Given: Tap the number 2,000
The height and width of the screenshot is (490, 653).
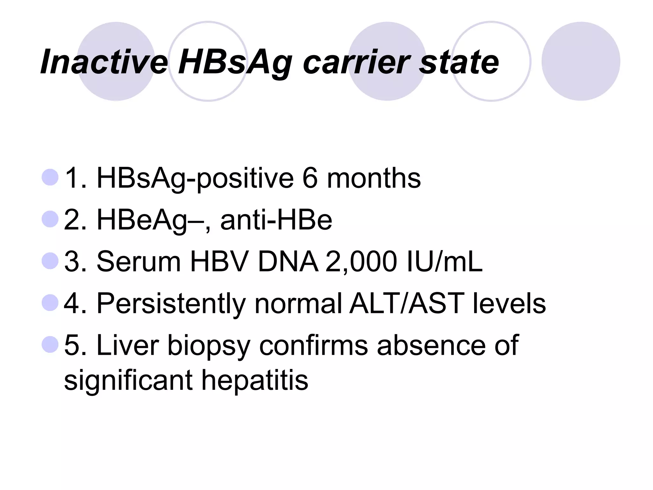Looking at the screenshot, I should [x=361, y=262].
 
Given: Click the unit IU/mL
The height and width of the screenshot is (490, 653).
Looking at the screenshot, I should [x=445, y=262].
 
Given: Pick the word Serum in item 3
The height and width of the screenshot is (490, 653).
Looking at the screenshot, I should [x=138, y=262].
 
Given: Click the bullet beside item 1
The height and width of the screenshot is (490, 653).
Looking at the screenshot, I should [x=50, y=177].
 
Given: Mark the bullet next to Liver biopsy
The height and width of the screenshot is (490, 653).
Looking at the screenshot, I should [x=50, y=344].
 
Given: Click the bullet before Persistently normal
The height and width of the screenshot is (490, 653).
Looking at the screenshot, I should [x=50, y=302].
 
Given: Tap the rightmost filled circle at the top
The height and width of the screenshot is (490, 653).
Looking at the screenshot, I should [x=581, y=61].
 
